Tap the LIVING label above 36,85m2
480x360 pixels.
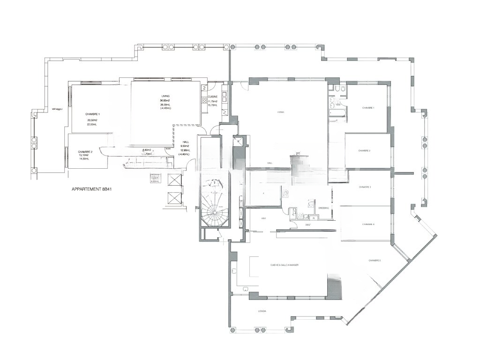coord(165,96)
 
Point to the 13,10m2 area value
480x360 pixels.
coord(84,155)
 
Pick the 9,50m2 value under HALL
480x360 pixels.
coord(186,146)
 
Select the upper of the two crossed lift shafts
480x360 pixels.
coord(173,180)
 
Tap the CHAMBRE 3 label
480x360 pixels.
coord(365,187)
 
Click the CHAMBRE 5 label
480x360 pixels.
coord(375,261)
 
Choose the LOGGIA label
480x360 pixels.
coord(262,311)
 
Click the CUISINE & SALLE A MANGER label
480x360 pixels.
coord(285,265)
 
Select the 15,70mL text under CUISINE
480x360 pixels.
coord(213,105)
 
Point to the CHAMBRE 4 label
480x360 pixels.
coord(368,224)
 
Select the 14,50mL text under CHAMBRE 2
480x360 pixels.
coord(84,159)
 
